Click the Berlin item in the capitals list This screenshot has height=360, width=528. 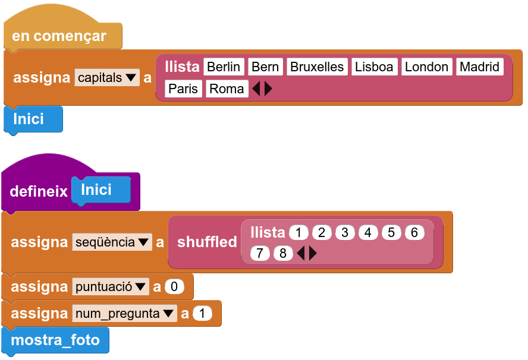(224, 67)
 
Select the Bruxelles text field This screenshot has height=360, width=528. (317, 67)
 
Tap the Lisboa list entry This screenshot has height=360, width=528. (374, 67)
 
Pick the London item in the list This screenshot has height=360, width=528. (426, 67)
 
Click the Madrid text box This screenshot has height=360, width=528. (479, 67)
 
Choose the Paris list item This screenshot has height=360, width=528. (183, 89)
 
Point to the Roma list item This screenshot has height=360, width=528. (227, 89)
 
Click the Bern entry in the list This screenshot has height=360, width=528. (265, 67)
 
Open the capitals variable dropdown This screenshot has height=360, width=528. (107, 77)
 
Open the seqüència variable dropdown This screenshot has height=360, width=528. (112, 242)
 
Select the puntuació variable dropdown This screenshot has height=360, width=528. (111, 287)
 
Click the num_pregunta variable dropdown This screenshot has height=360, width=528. (124, 313)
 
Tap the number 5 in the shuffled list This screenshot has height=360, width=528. (391, 232)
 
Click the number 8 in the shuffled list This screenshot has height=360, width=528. (283, 253)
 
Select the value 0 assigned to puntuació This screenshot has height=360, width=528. (174, 287)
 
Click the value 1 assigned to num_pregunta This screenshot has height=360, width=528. (202, 313)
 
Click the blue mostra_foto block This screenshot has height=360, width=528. (55, 340)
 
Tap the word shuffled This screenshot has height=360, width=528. (207, 242)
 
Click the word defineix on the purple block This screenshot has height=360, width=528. (39, 191)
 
